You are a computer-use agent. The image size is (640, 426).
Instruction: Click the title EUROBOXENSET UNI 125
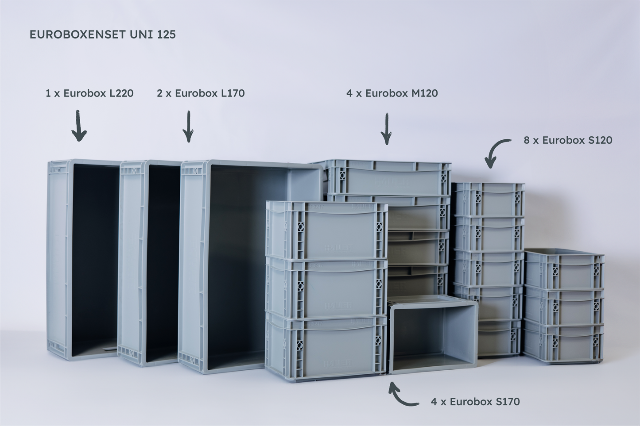(103, 35)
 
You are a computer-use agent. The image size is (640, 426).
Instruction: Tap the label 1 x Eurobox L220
(89, 93)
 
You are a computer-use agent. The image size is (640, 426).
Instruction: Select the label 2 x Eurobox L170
(201, 93)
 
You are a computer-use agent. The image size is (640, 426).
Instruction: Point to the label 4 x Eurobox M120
(392, 93)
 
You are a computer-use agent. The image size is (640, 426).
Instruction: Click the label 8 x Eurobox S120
(568, 140)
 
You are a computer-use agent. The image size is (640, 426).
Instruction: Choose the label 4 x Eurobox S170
(475, 402)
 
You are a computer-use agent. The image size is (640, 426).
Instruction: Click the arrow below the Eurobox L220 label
(79, 126)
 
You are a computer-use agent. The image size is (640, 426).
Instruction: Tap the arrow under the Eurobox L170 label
(188, 127)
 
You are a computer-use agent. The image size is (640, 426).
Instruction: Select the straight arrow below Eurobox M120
(387, 129)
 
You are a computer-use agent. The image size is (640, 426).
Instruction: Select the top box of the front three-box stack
(326, 230)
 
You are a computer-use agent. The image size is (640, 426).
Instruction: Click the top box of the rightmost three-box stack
(564, 270)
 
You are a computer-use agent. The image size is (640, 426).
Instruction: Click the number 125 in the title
(166, 35)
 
